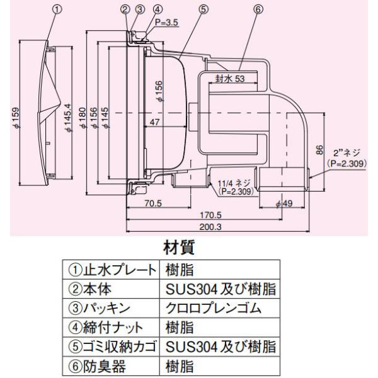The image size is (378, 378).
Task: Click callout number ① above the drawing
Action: pos(57,9)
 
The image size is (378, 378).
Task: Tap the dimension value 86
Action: pos(319,151)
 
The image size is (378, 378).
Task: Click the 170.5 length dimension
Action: pos(219,214)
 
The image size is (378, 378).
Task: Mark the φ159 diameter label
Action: pos(14,117)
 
